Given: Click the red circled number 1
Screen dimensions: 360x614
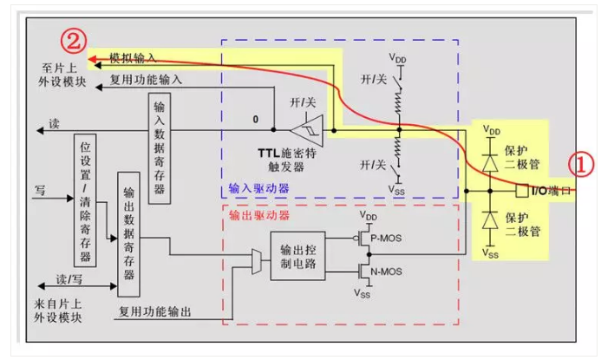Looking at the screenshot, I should point(581,164).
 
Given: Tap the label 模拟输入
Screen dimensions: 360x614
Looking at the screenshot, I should point(133,58).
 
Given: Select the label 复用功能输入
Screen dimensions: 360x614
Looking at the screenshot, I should point(147,79).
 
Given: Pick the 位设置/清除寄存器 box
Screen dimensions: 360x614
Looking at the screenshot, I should point(85,200).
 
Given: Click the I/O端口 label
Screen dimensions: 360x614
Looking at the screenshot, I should point(550,189).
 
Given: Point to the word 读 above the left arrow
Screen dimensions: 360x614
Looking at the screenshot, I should point(55,123).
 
